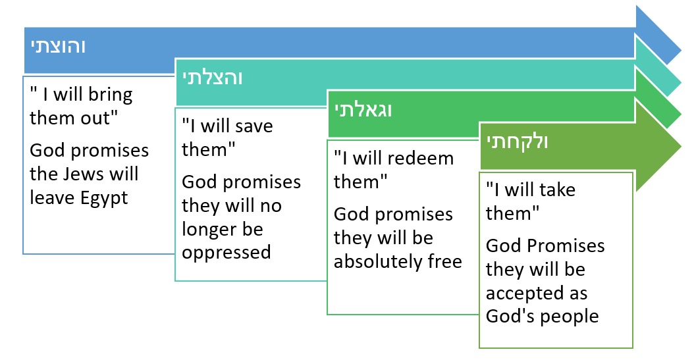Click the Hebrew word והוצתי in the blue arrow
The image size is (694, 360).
(58, 46)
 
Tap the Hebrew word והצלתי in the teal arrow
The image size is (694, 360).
(213, 78)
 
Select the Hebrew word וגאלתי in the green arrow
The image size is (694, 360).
(363, 110)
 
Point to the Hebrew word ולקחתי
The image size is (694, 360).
(518, 142)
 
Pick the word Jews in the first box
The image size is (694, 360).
(84, 174)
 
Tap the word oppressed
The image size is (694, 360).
(226, 253)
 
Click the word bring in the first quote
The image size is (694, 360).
(110, 95)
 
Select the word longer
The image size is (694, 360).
(209, 230)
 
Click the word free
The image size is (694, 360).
(445, 261)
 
